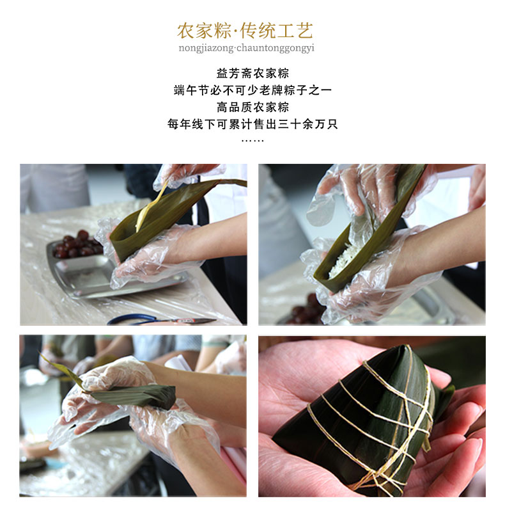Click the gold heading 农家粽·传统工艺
(x=245, y=31)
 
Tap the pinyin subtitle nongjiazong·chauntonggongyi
(x=246, y=48)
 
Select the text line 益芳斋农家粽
(x=252, y=73)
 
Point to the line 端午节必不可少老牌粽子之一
(x=252, y=90)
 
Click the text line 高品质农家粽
(x=252, y=107)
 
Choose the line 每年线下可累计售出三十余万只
(x=252, y=124)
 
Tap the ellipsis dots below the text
(x=252, y=141)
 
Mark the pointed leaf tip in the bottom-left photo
(x=39, y=353)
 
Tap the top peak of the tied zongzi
(x=406, y=346)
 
